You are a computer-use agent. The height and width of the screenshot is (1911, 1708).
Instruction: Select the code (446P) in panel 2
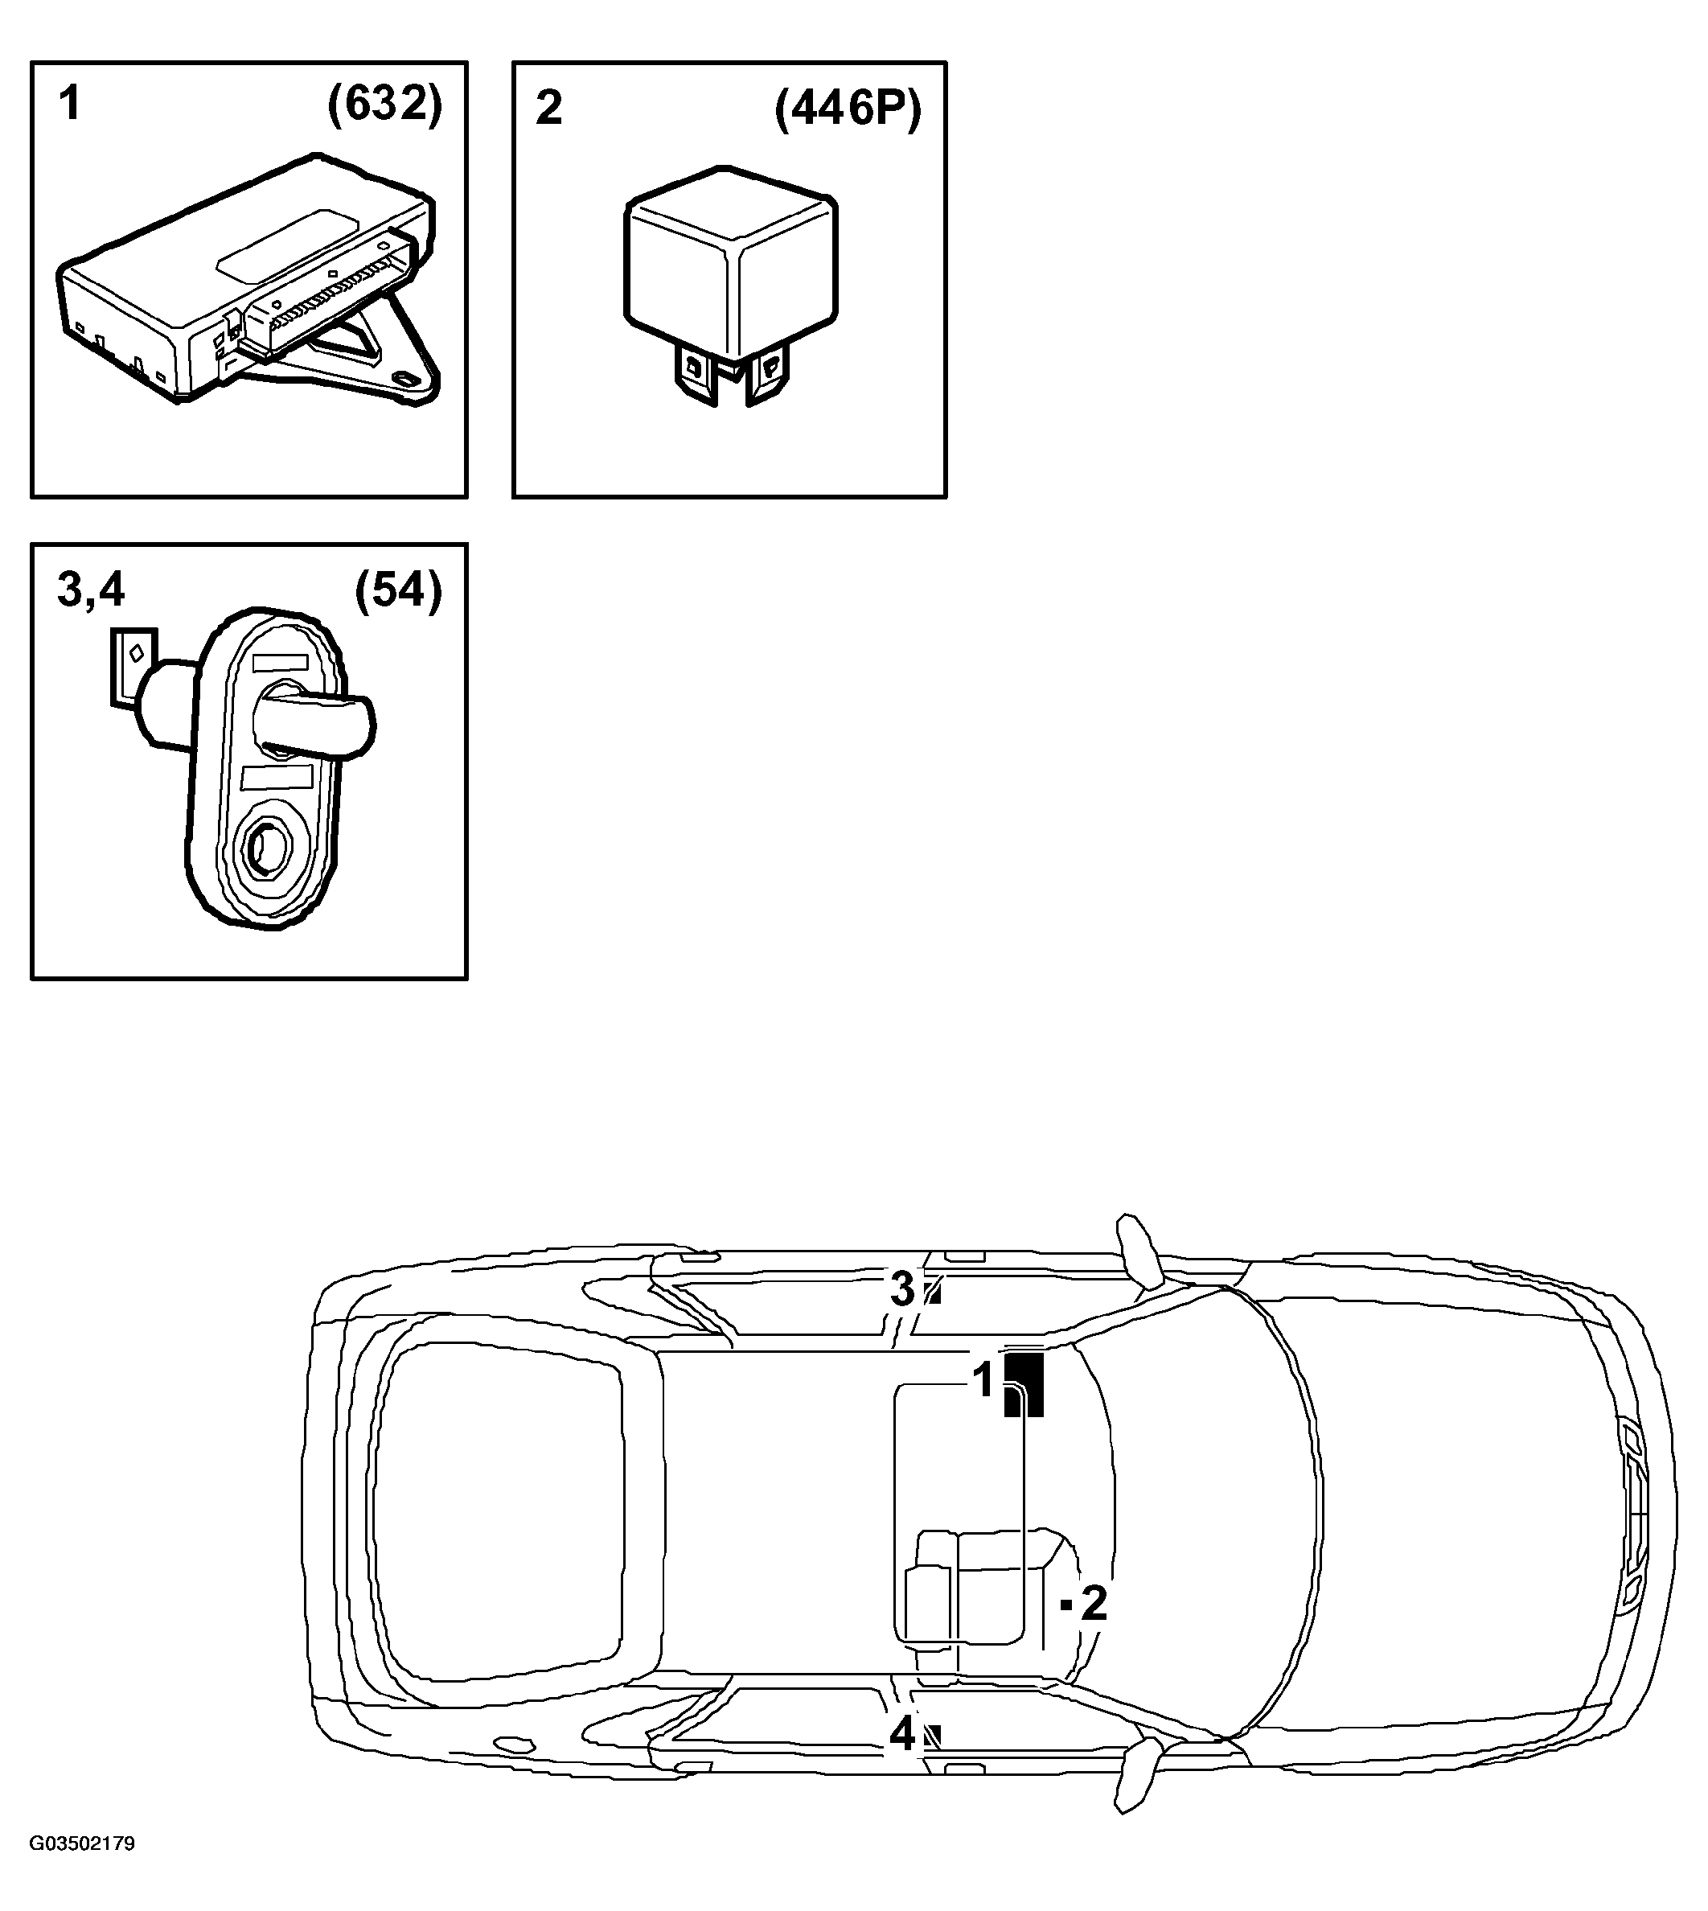coord(848,110)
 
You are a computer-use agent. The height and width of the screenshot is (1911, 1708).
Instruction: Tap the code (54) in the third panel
coord(398,592)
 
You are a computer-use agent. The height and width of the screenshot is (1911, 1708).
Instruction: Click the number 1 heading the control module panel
coord(69,103)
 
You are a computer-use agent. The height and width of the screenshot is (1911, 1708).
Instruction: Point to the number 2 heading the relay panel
coord(548,108)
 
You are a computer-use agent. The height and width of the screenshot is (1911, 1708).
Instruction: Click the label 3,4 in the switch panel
coord(91,591)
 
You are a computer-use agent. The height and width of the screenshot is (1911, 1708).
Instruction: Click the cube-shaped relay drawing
coord(731,286)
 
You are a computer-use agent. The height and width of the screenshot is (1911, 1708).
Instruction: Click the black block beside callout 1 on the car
coord(1024,1384)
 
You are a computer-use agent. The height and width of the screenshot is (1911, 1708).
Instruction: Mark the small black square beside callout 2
coord(1066,1605)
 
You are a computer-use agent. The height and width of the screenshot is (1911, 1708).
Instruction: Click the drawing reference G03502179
coord(83,1871)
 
